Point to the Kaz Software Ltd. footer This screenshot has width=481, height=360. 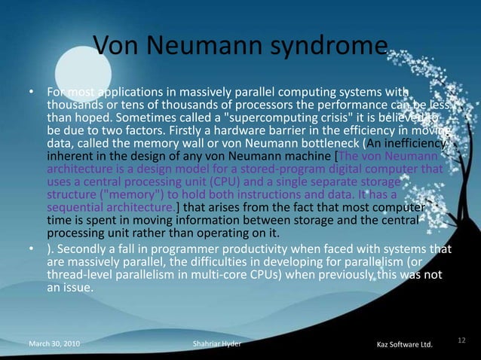point(404,344)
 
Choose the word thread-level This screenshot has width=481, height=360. point(80,275)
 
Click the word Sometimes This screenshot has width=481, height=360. point(142,118)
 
